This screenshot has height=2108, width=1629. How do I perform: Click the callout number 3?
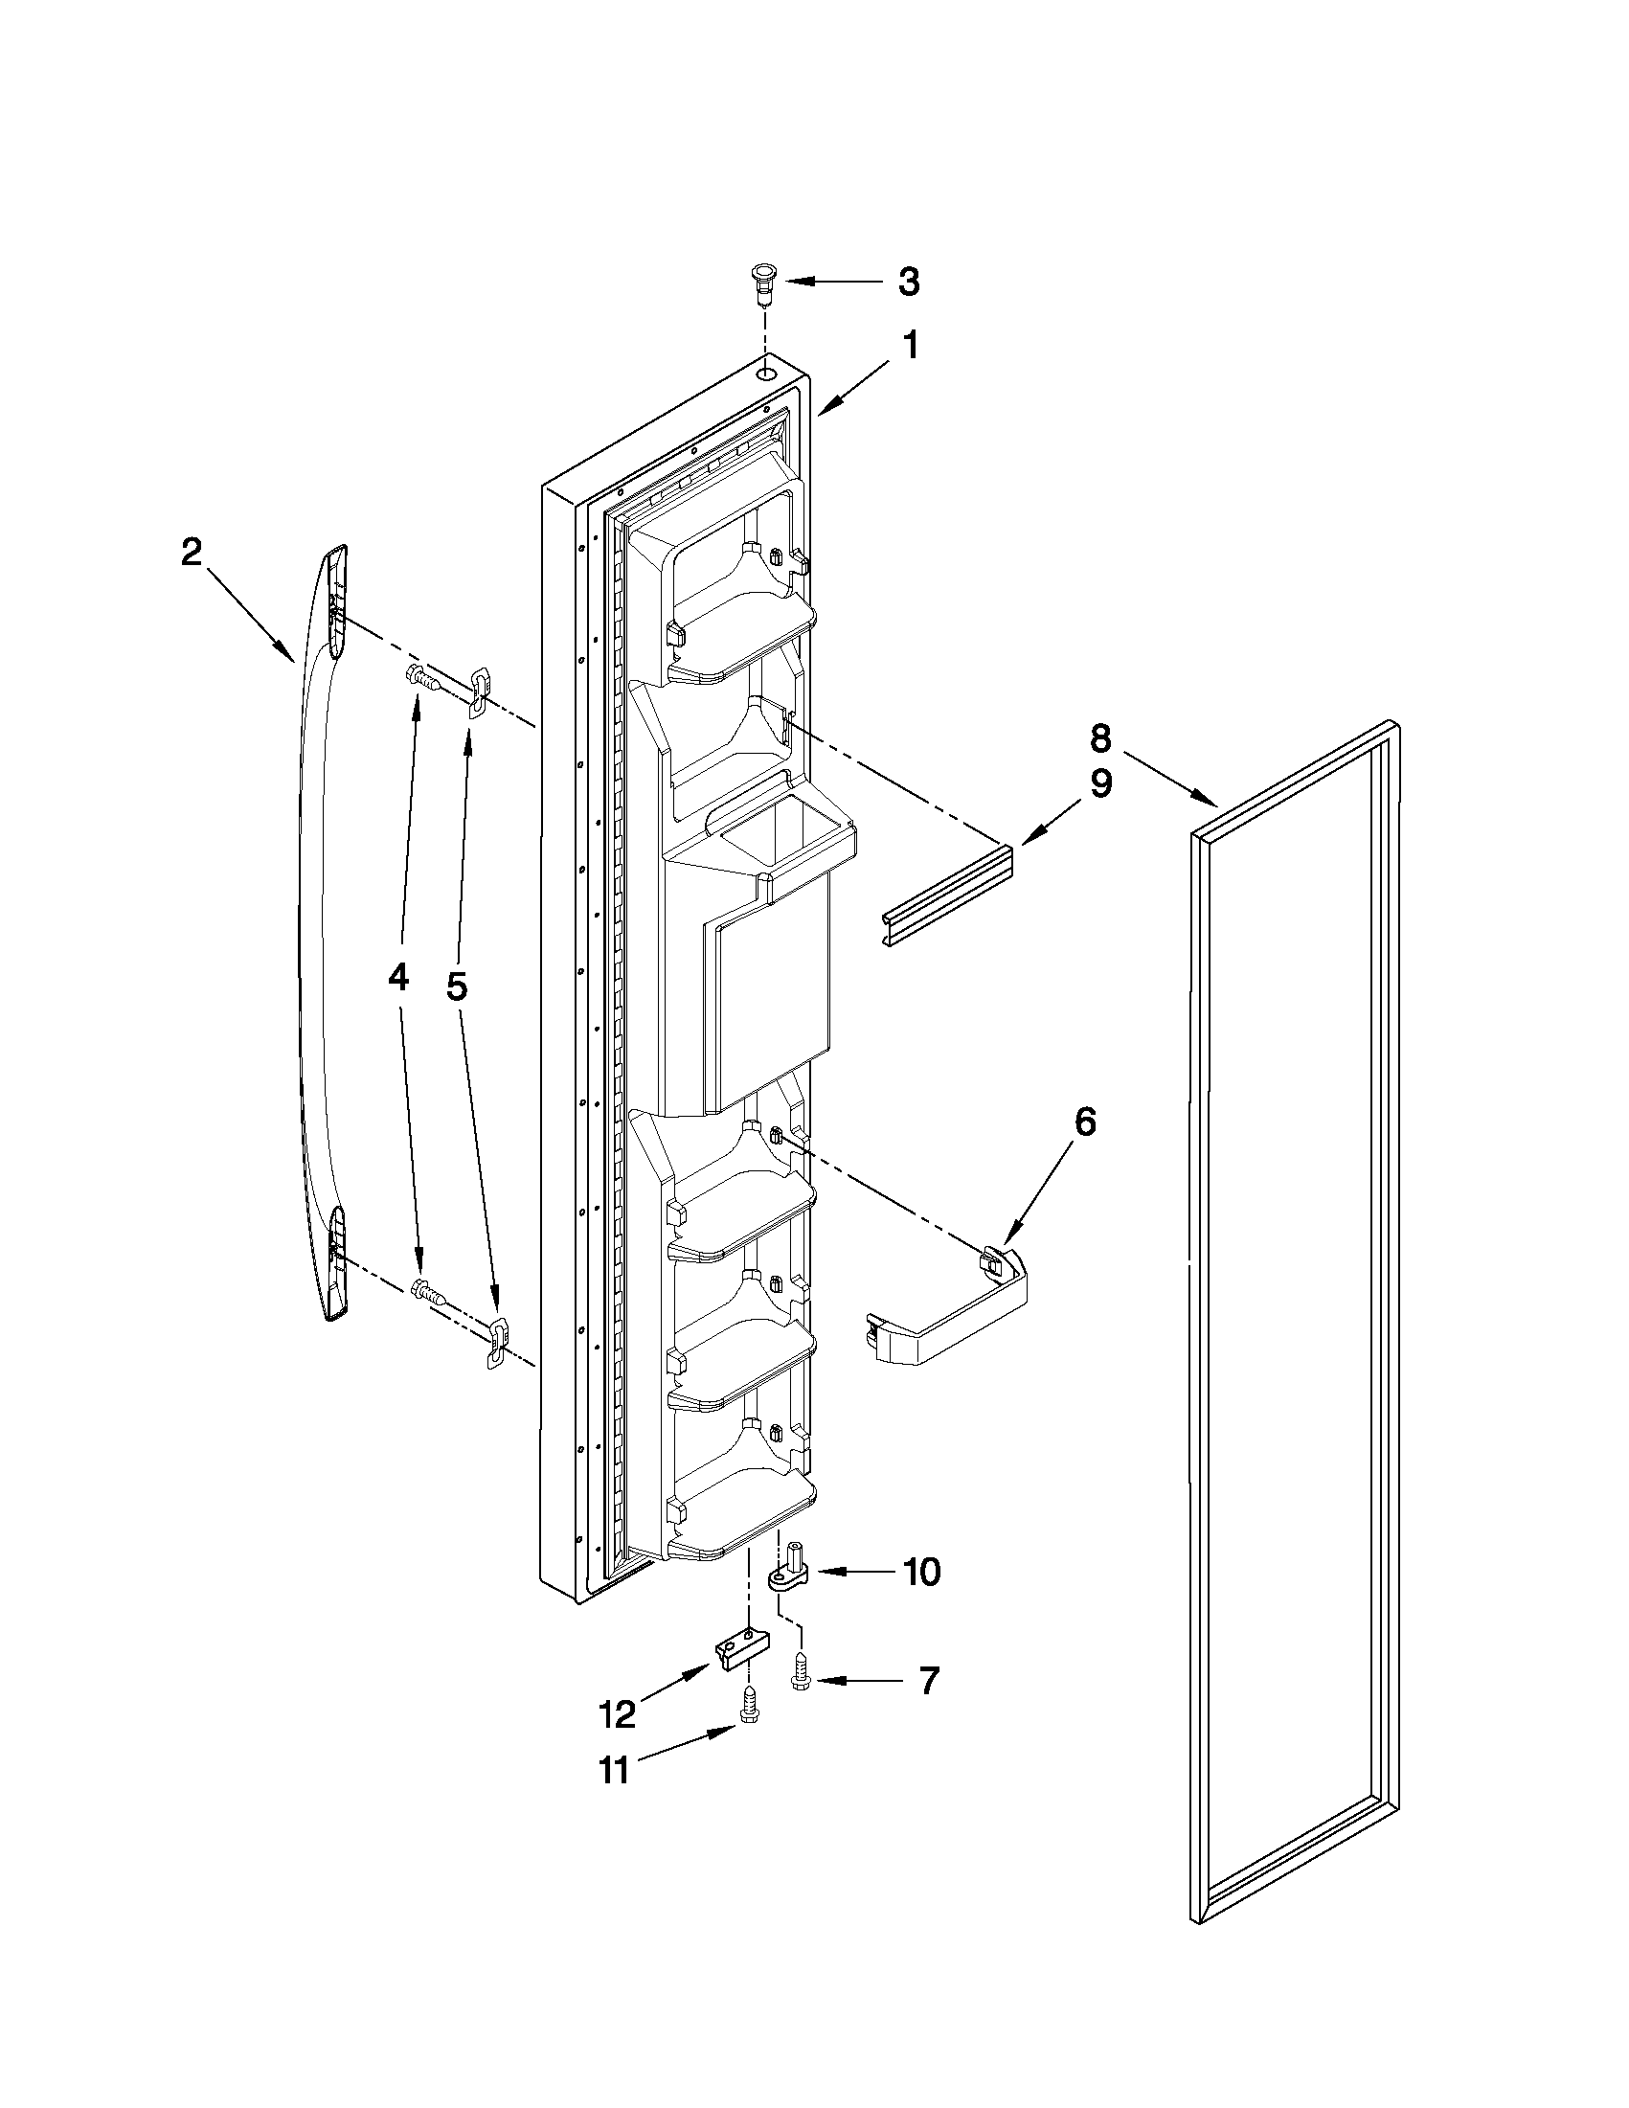[908, 282]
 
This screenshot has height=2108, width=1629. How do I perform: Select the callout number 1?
[908, 346]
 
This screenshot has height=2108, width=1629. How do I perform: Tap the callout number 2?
[192, 552]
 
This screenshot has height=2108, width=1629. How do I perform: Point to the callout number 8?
[1100, 739]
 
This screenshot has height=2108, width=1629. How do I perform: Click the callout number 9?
[1100, 783]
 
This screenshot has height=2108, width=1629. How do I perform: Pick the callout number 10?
[921, 1573]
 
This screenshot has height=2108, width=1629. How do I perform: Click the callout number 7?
[927, 1682]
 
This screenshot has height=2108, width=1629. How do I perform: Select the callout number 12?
[618, 1714]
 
